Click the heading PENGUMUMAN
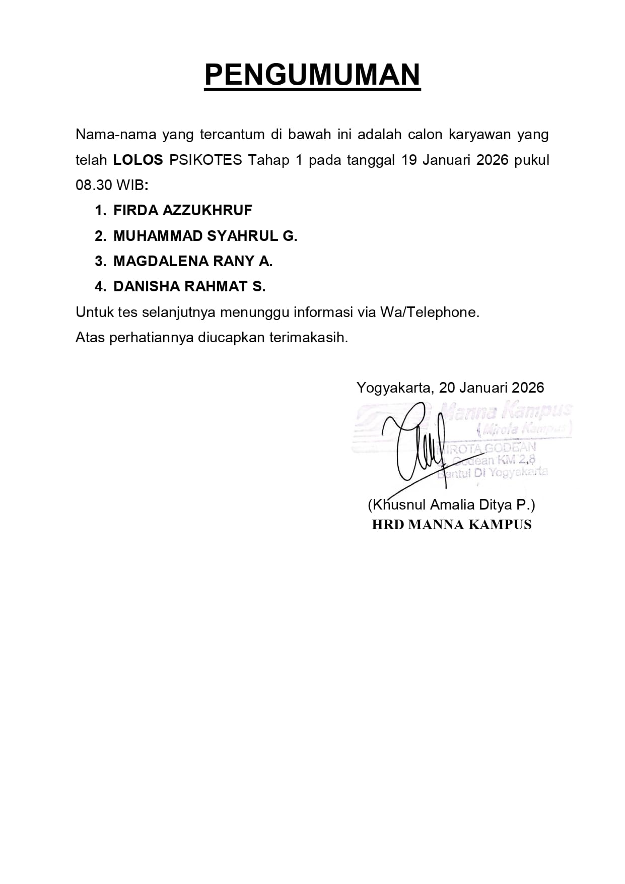pyautogui.click(x=312, y=75)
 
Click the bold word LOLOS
pyautogui.click(x=138, y=160)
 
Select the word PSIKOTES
pyautogui.click(x=205, y=160)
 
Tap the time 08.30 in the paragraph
pyautogui.click(x=94, y=185)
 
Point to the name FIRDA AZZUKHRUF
pyautogui.click(x=182, y=210)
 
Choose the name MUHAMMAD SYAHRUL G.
pyautogui.click(x=205, y=236)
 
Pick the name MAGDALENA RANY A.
pyautogui.click(x=193, y=261)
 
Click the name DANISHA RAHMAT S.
pyautogui.click(x=189, y=286)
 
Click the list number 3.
pyautogui.click(x=100, y=261)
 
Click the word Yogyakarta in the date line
pyautogui.click(x=393, y=388)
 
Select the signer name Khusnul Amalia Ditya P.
pyautogui.click(x=451, y=504)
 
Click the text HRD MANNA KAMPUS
pyautogui.click(x=451, y=525)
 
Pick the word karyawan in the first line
pyautogui.click(x=479, y=135)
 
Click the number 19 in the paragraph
pyautogui.click(x=409, y=160)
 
